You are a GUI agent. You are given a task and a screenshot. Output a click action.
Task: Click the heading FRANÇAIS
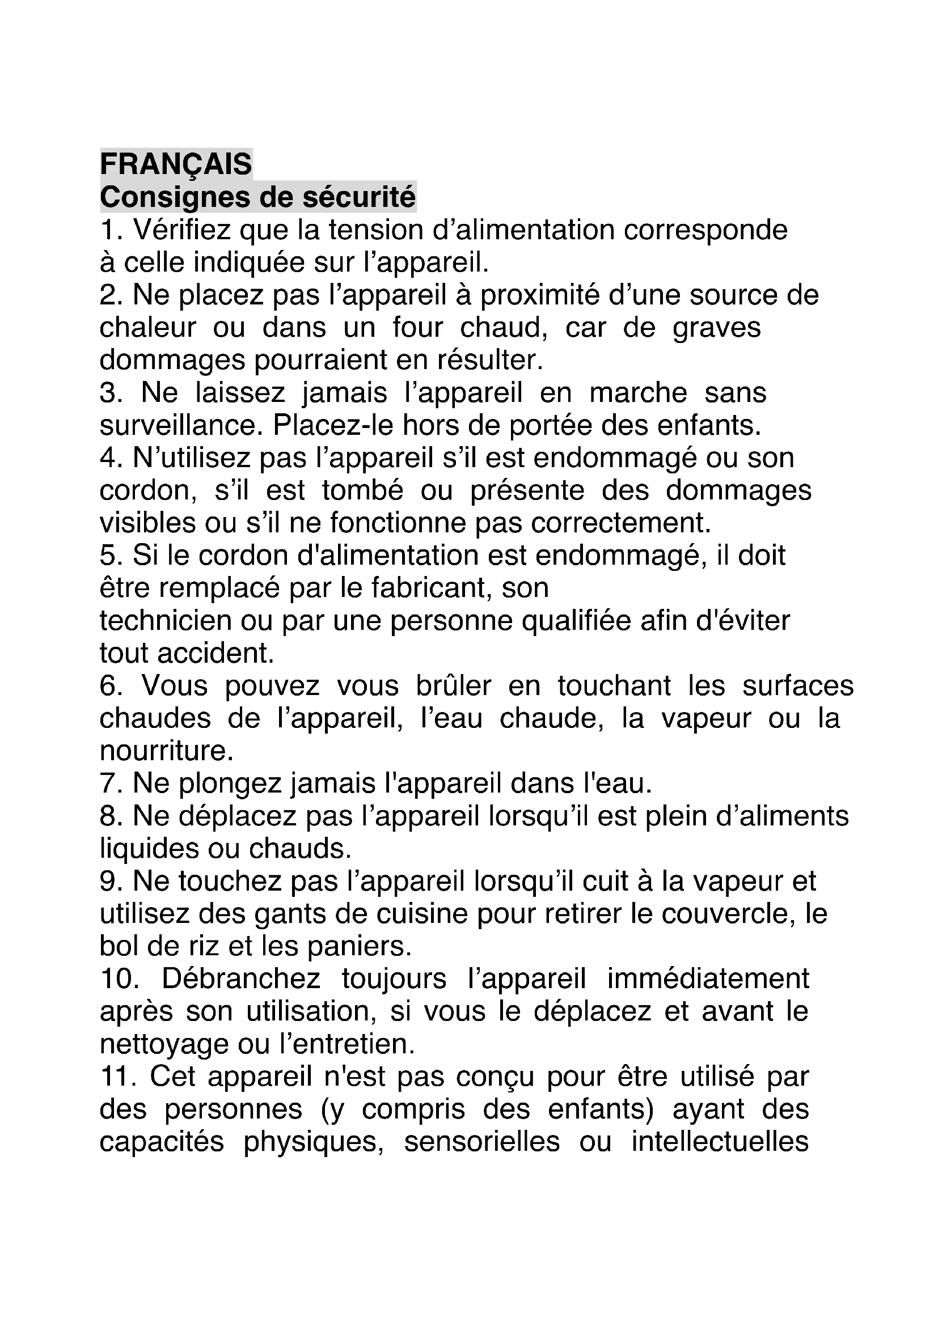coord(176,164)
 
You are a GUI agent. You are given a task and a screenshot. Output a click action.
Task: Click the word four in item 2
coord(417,328)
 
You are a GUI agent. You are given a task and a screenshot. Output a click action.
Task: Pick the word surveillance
coord(177,426)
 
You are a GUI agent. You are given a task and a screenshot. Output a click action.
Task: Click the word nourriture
coord(166,751)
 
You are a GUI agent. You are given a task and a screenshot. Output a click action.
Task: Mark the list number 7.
coord(108,783)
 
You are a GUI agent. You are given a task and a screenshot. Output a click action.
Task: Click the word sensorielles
coord(481,1142)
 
